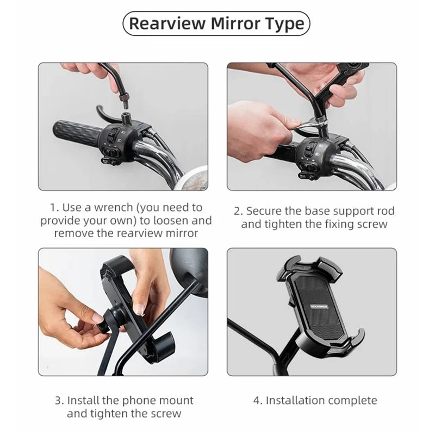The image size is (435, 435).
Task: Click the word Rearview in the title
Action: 167,23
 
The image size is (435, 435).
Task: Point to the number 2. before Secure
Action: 238,211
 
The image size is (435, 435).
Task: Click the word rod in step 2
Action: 384,211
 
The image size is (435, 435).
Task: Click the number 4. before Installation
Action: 258,401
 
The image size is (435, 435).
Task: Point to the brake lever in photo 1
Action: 107,114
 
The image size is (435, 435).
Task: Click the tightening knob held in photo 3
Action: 106,322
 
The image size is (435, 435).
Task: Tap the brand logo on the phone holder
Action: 319,307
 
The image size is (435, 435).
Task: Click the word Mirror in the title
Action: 235,23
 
